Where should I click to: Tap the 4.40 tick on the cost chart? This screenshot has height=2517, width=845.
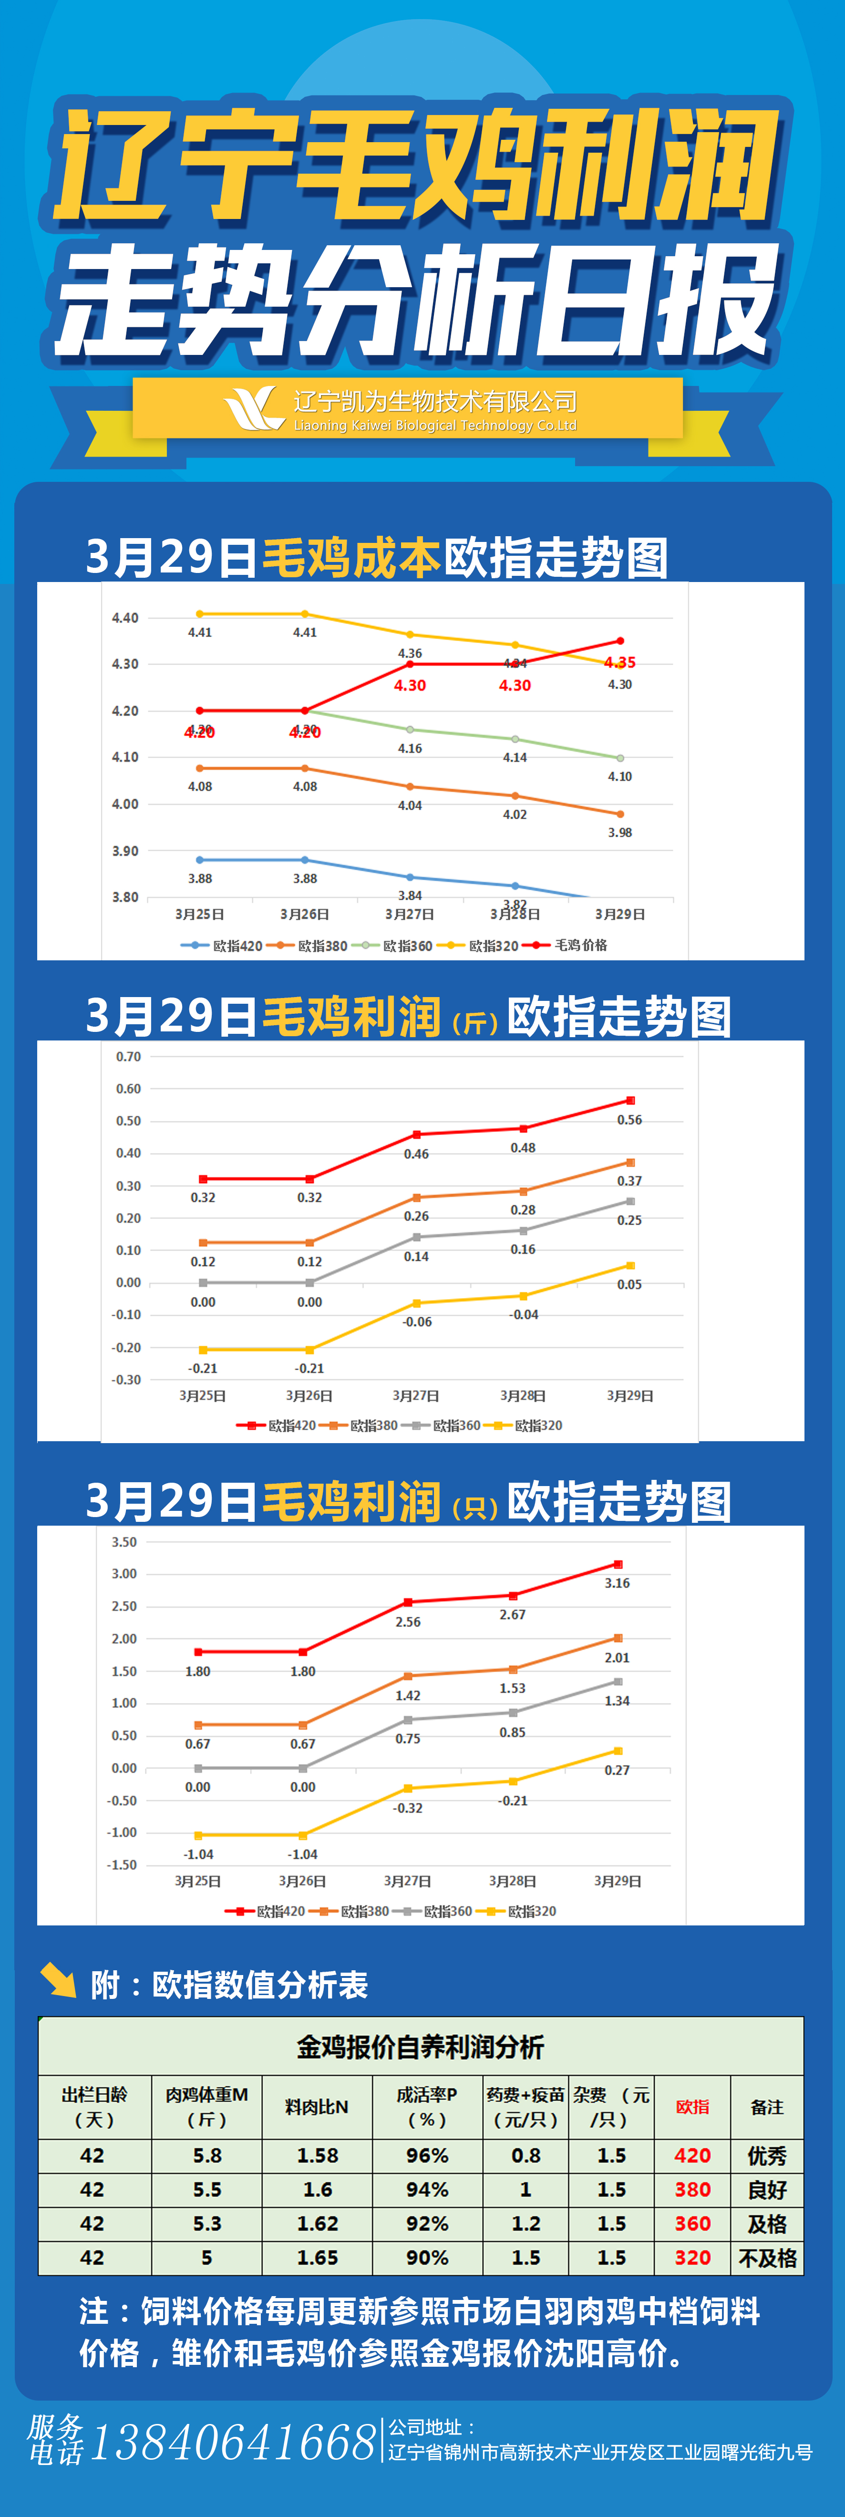(125, 617)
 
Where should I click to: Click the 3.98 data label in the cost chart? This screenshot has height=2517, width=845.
(619, 832)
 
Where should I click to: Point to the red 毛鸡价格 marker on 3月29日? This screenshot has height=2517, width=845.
(619, 641)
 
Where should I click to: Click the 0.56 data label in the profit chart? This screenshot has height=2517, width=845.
(629, 1120)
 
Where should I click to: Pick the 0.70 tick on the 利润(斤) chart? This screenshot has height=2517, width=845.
(128, 1056)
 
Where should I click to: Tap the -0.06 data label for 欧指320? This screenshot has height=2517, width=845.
(417, 1322)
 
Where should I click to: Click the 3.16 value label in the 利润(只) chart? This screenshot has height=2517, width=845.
(617, 1583)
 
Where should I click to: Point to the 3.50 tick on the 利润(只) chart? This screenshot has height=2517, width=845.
(124, 1542)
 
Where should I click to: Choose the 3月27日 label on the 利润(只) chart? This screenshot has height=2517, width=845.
(407, 1881)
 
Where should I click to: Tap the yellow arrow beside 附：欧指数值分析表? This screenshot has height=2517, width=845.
(59, 1981)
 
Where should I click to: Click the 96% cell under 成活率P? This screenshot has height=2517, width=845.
(427, 2155)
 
